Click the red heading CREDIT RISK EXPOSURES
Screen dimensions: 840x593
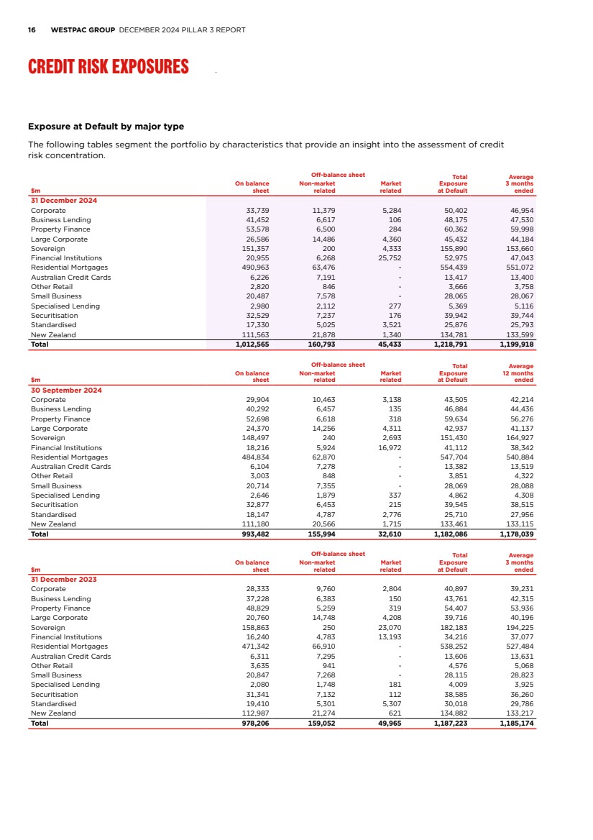(108, 67)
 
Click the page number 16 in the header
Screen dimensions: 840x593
(32, 30)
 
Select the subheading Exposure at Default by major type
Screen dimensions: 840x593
(106, 127)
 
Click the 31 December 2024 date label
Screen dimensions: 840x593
(64, 201)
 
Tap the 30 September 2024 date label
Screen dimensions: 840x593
(66, 390)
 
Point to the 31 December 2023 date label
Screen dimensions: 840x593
(64, 579)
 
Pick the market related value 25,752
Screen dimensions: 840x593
(390, 258)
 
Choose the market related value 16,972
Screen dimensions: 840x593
(390, 447)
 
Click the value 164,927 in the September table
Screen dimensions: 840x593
(517, 438)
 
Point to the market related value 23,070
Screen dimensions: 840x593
(390, 627)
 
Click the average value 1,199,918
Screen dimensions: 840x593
(516, 344)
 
